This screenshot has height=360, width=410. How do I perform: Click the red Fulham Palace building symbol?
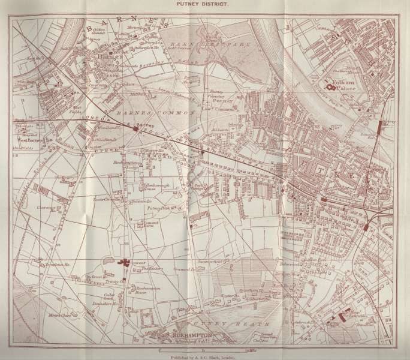(x=330, y=88)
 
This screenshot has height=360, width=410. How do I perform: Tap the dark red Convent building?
(x=125, y=262)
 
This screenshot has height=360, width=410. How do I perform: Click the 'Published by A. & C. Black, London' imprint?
(x=205, y=356)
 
